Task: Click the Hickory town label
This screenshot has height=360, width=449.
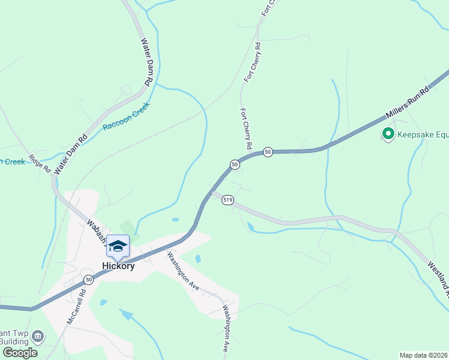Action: (118, 266)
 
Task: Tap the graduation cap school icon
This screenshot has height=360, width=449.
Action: (118, 245)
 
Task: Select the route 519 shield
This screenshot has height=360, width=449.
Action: (227, 200)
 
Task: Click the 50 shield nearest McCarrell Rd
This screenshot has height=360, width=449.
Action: (89, 280)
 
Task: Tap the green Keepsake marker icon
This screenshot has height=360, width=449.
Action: (388, 134)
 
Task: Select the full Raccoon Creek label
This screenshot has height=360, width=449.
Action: (125, 117)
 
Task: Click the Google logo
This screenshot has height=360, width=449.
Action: (19, 353)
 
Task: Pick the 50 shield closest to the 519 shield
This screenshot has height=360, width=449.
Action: (235, 164)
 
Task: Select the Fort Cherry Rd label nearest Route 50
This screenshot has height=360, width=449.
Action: (246, 130)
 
